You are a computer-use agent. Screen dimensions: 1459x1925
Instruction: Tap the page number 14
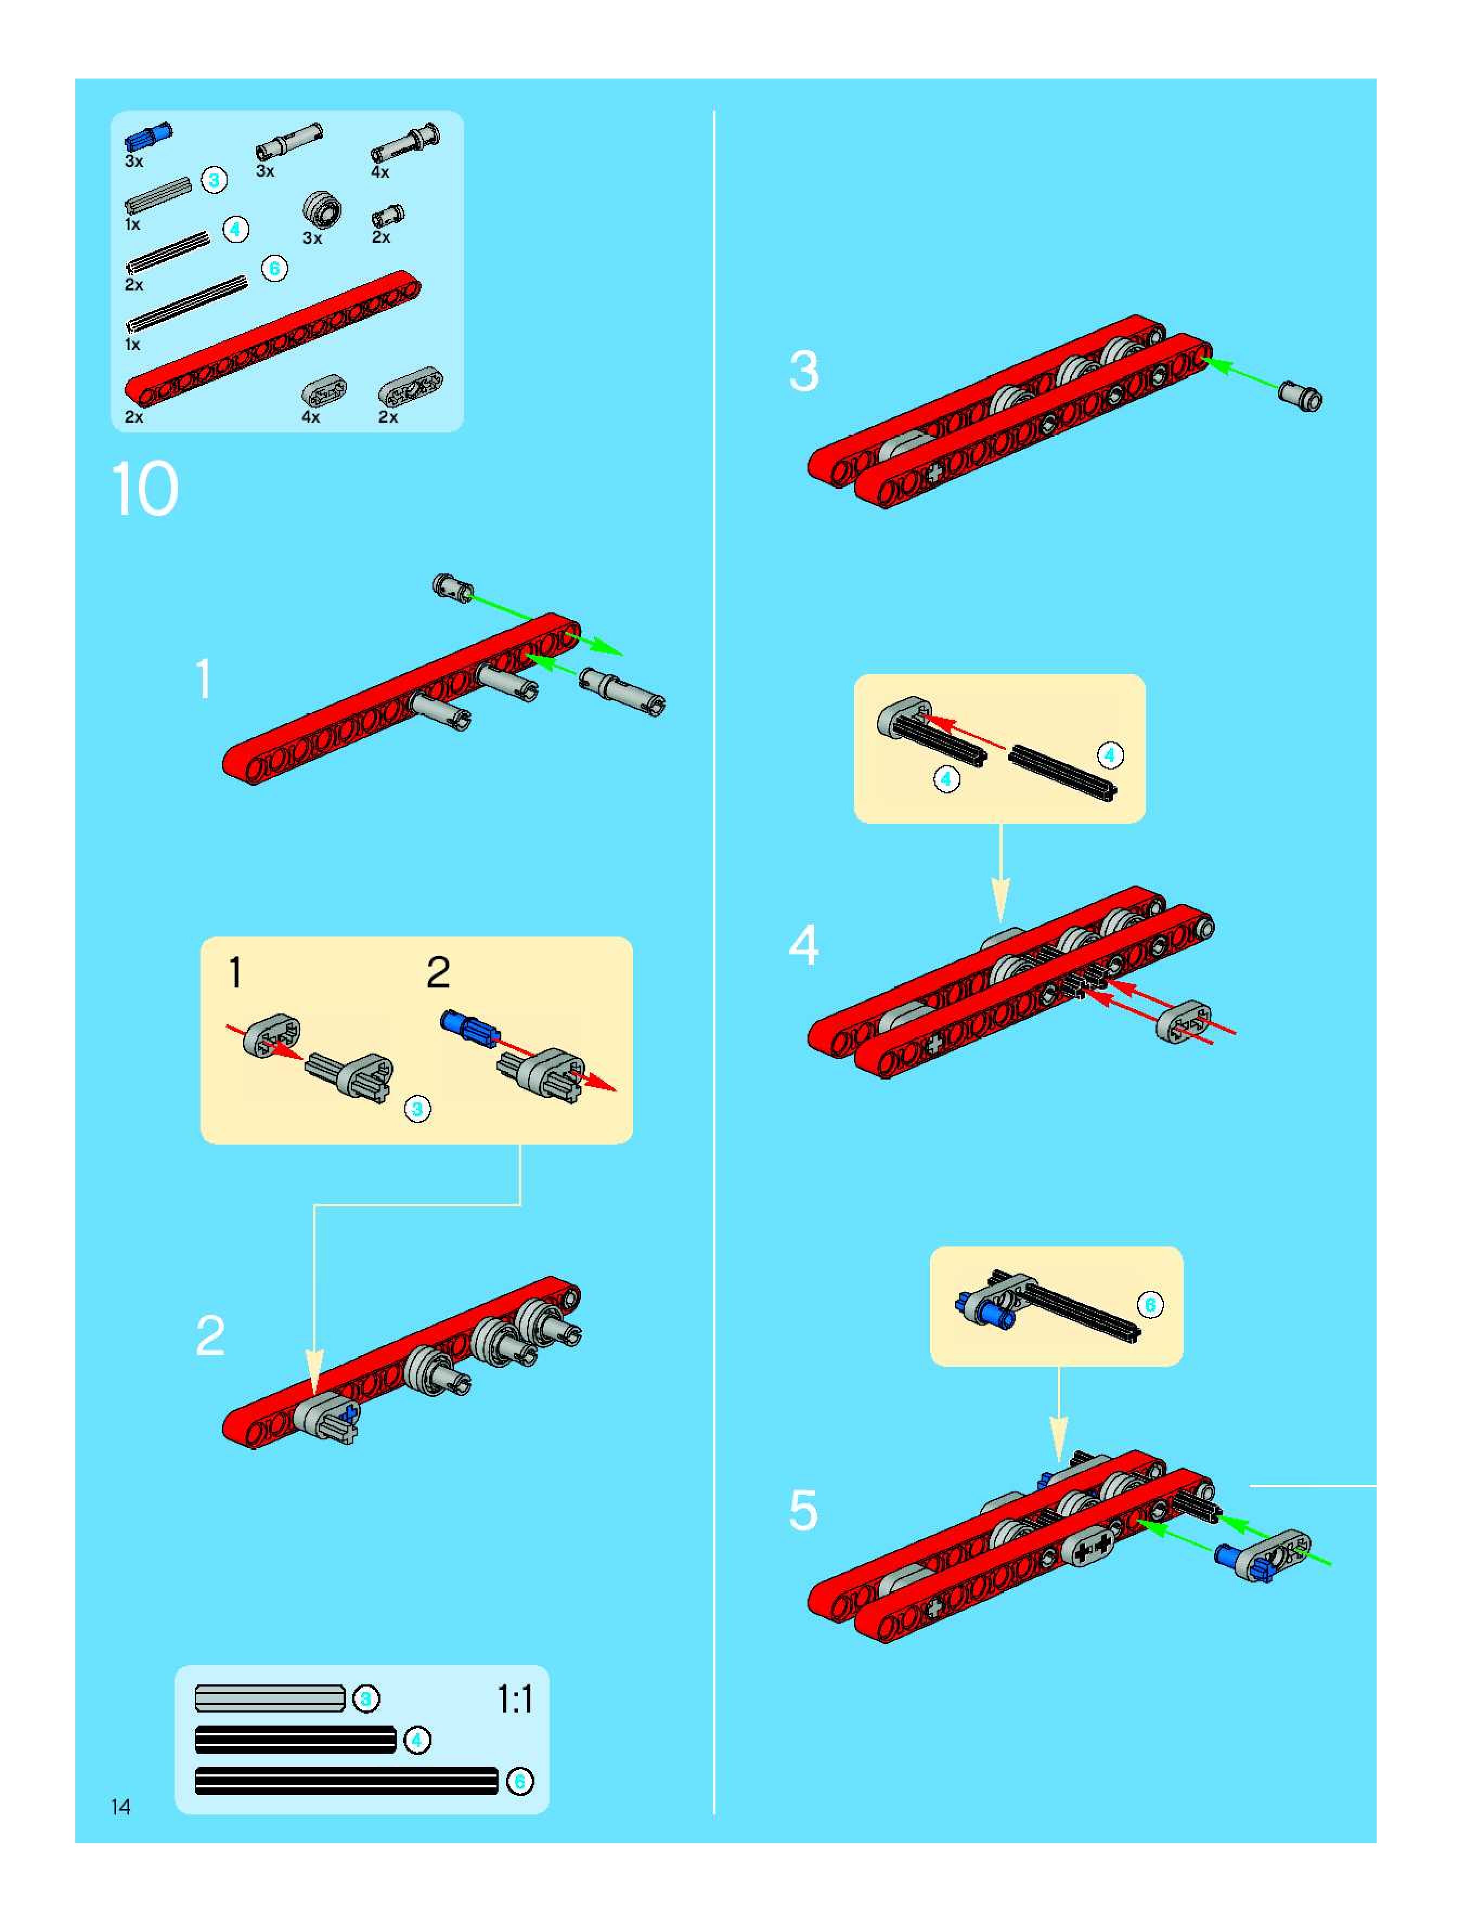pos(120,1807)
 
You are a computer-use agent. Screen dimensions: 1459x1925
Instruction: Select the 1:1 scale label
pos(514,1698)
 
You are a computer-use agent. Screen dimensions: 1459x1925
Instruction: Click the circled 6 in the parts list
pos(274,268)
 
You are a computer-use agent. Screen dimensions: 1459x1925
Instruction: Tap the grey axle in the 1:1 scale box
pos(270,1698)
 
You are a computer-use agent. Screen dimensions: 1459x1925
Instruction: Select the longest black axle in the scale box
pos(346,1780)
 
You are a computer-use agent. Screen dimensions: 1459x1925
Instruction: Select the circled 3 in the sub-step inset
pos(418,1109)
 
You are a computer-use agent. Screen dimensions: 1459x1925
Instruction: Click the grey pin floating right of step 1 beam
pos(622,692)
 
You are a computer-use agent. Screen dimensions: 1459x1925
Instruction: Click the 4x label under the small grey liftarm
pos(311,417)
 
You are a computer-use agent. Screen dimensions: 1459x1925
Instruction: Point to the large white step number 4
pos(804,945)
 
